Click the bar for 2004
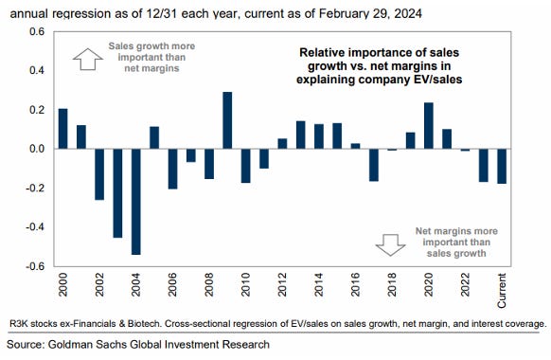click(135, 202)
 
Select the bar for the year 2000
click(62, 129)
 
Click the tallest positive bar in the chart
click(228, 120)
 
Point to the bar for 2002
click(99, 174)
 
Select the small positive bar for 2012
click(282, 144)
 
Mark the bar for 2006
click(172, 169)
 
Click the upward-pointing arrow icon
click(87, 59)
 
